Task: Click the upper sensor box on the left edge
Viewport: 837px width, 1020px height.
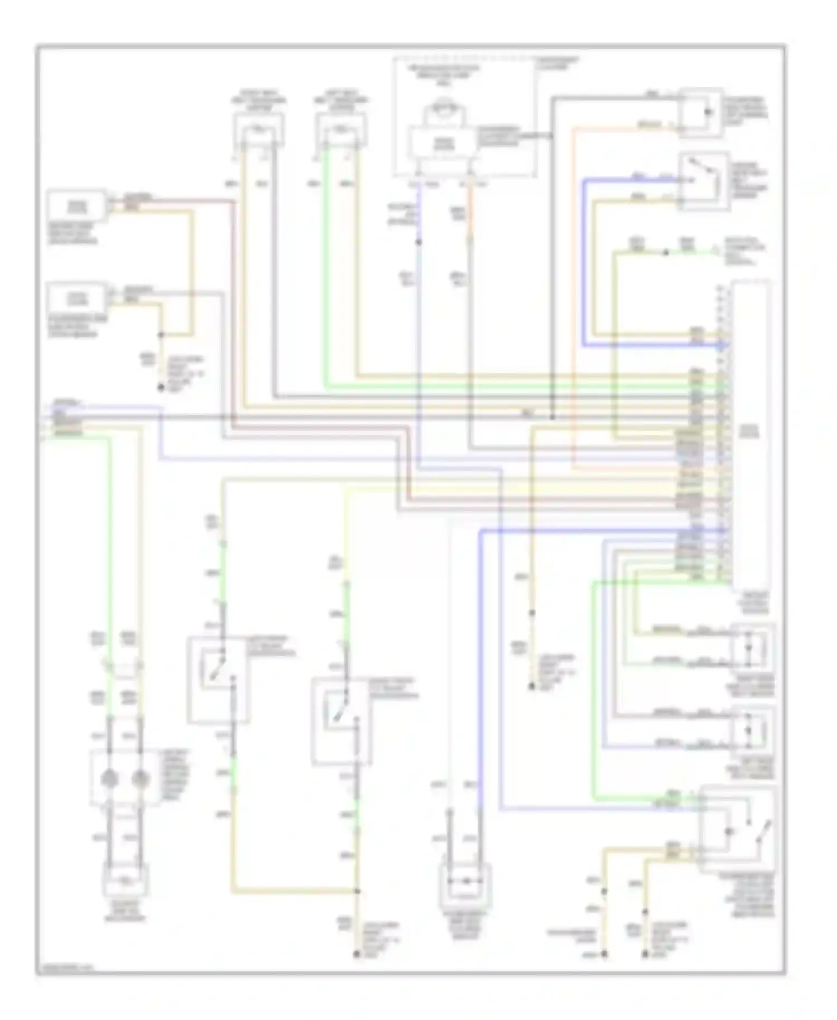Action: pos(76,206)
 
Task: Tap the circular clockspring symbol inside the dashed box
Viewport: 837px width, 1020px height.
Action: pos(444,109)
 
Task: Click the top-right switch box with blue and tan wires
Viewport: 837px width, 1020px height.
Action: pos(704,181)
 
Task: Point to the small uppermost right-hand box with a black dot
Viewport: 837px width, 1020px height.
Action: pos(701,113)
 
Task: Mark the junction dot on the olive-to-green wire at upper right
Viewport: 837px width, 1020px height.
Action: pos(665,253)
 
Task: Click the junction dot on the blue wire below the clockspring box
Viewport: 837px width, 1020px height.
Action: pos(419,242)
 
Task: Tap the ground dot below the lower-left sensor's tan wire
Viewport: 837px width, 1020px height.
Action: pos(161,387)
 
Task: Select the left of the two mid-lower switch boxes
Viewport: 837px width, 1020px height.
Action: pos(218,680)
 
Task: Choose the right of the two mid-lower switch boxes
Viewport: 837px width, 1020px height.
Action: pos(341,721)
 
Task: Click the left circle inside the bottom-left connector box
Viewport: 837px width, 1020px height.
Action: pos(110,779)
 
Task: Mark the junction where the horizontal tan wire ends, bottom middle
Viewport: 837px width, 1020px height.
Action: pos(357,891)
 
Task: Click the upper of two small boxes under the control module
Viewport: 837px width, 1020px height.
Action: pos(752,647)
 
